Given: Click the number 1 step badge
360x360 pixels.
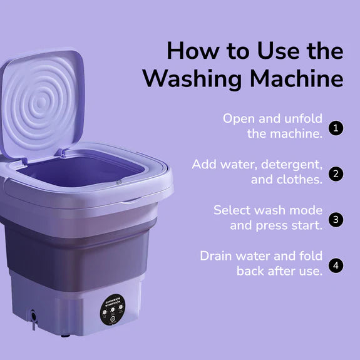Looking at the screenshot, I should (337, 128).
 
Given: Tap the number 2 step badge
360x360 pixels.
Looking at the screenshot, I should (337, 173).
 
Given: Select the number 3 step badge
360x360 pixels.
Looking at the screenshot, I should (337, 219).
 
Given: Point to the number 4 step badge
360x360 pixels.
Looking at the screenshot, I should (337, 265).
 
